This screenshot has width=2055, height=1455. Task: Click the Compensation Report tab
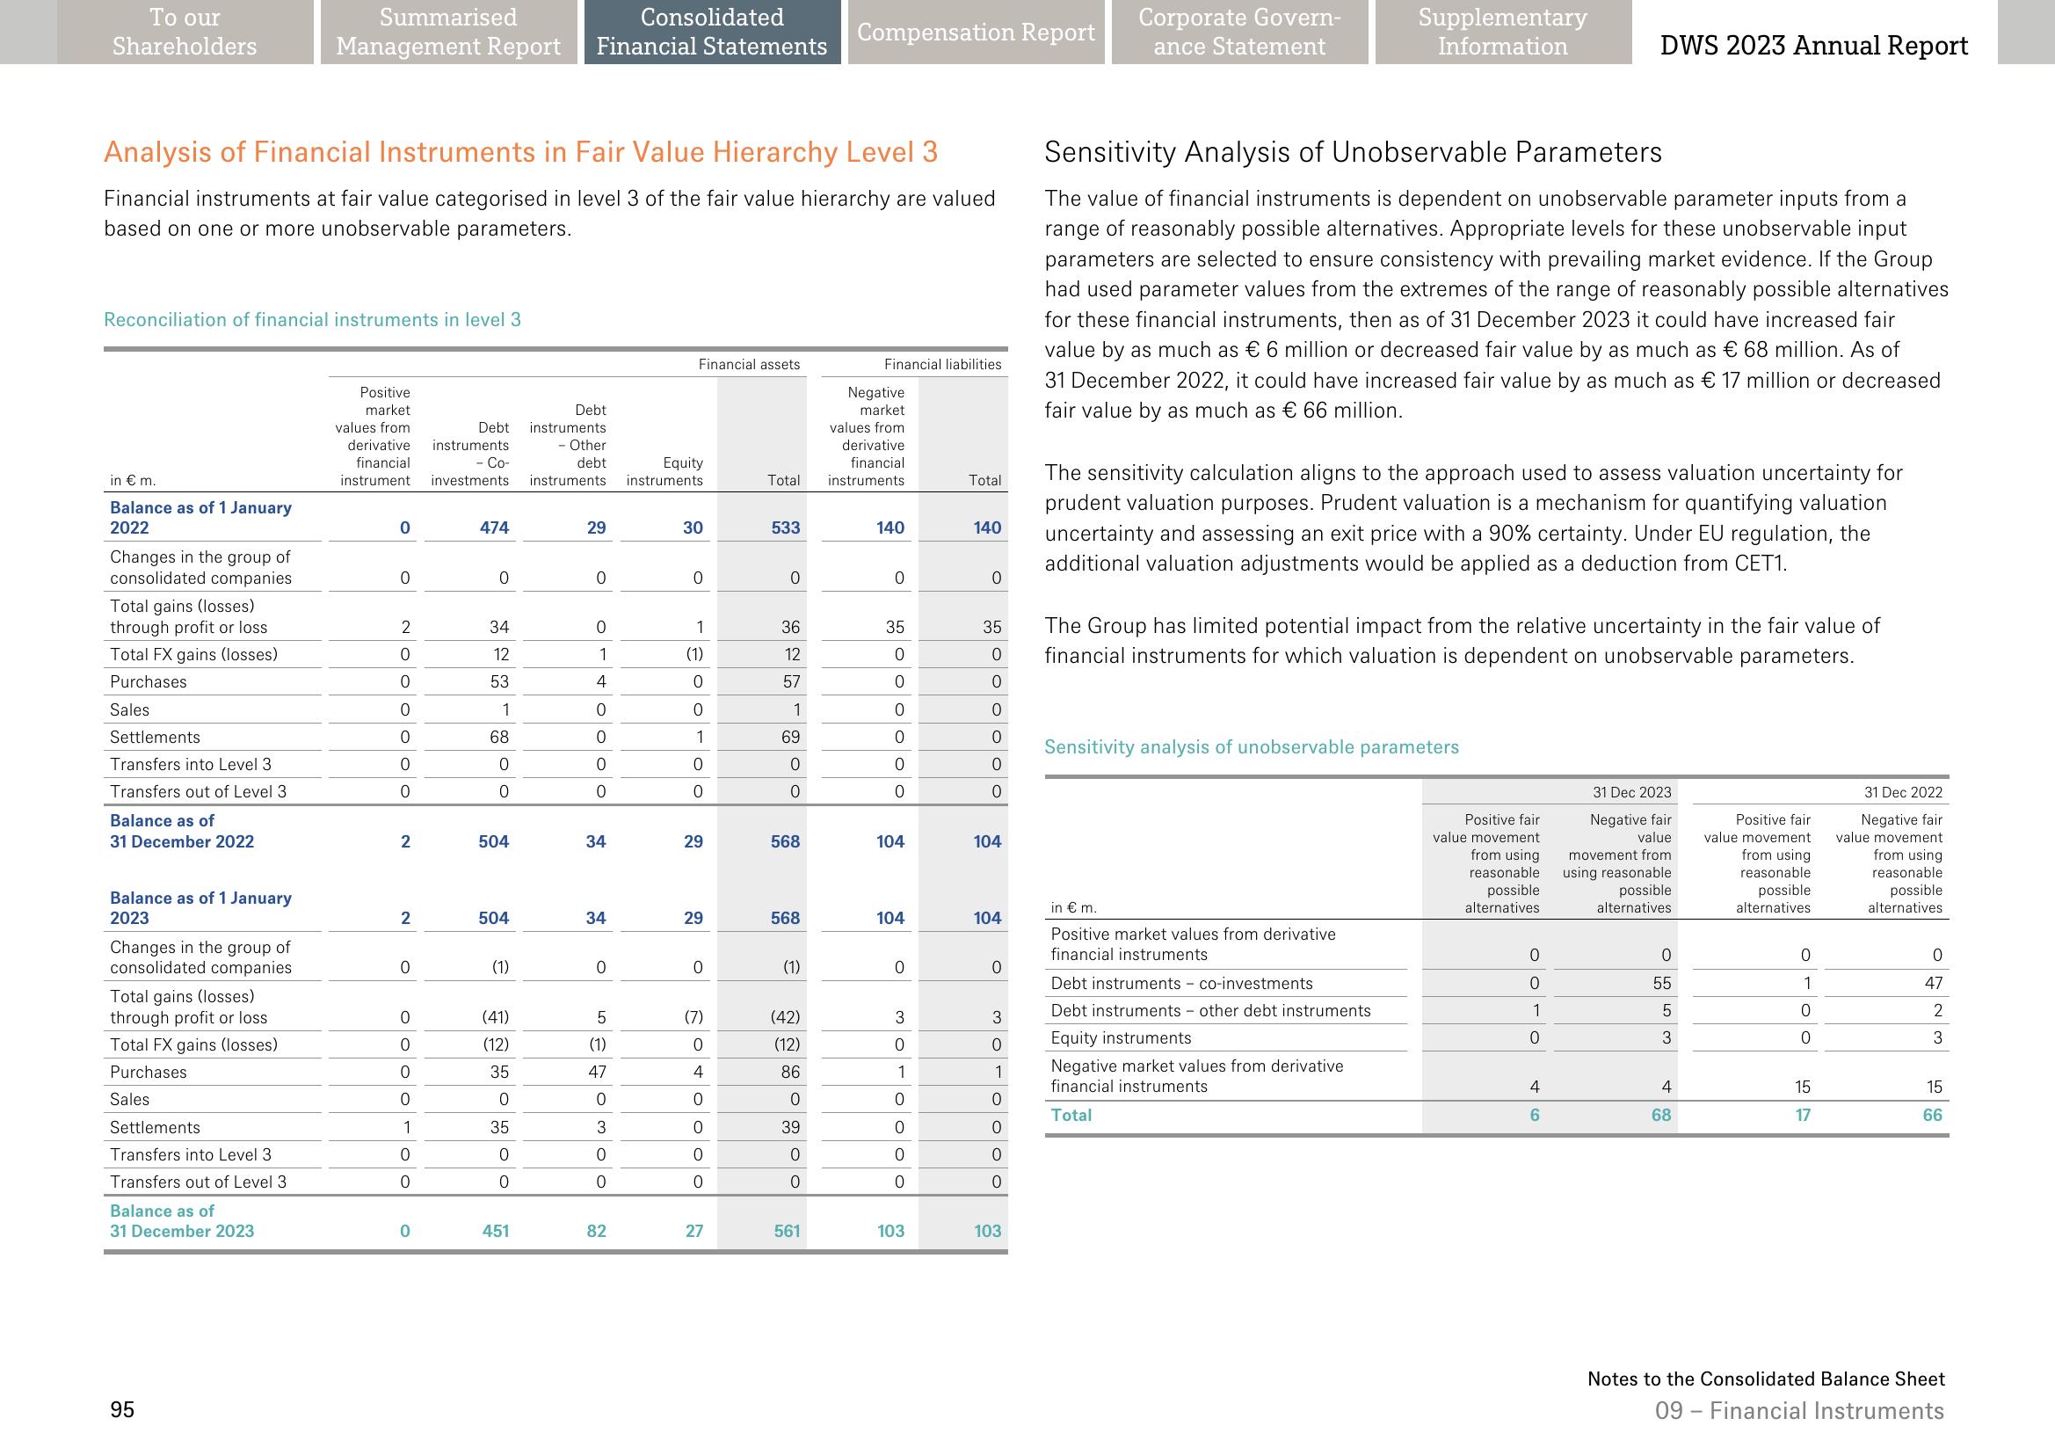pos(976,33)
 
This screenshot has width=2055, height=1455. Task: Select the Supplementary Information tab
pos(1502,33)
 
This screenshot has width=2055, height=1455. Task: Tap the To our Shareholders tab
pos(185,33)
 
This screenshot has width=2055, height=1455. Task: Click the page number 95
pos(122,1409)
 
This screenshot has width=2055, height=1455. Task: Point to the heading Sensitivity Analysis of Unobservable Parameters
pos(1353,152)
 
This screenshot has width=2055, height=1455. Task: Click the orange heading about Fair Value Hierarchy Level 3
pos(520,152)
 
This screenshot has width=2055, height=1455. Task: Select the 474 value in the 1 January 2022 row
pos(494,527)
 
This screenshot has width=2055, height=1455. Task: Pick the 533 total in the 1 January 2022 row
pos(785,527)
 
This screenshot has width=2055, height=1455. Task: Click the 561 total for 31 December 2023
pos(787,1231)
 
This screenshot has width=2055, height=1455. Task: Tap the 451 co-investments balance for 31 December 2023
pos(496,1231)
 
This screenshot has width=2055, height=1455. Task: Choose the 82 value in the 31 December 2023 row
pos(596,1231)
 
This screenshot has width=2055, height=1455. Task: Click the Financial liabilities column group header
pos(942,364)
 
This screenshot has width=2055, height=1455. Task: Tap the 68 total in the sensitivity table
pos(1661,1115)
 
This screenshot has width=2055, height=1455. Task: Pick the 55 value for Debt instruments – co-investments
pos(1662,983)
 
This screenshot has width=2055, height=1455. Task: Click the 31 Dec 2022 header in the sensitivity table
pos(1903,792)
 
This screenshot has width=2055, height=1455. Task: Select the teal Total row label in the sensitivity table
pos(1071,1115)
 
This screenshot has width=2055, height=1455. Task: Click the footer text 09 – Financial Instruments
pos(1799,1410)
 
